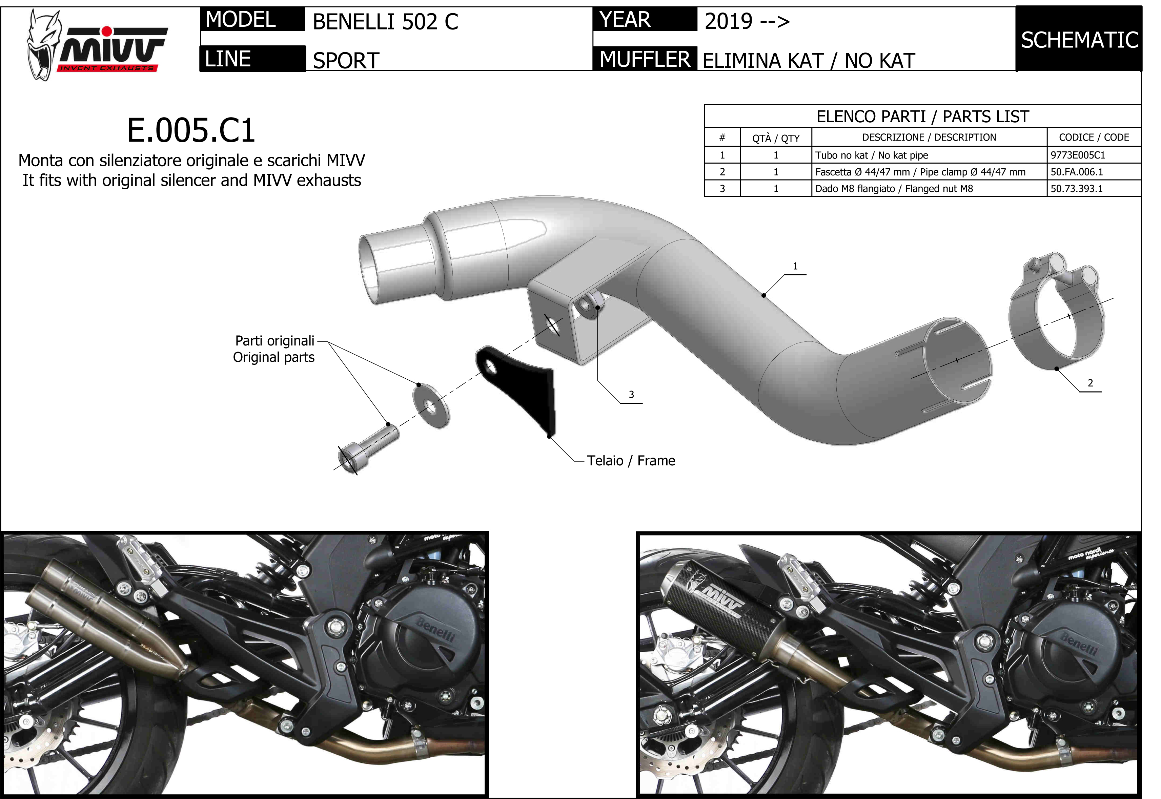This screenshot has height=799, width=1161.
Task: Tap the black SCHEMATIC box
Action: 1079,40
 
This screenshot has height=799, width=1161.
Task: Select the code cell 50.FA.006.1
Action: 1077,172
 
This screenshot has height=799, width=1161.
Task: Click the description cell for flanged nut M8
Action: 894,189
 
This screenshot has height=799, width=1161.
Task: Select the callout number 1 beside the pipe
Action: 795,266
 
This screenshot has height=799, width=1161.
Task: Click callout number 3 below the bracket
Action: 631,395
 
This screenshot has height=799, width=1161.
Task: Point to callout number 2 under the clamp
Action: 1091,383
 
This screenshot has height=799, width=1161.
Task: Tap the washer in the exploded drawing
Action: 430,405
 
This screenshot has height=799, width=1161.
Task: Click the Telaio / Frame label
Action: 631,461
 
